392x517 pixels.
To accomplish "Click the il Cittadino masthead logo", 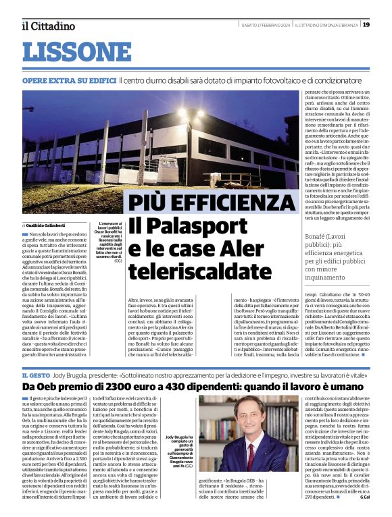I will click(x=48, y=26).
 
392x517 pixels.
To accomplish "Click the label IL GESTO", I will click(x=34, y=375).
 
